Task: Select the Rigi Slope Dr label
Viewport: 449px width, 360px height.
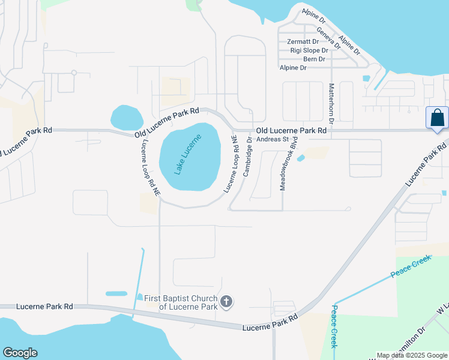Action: tap(310, 50)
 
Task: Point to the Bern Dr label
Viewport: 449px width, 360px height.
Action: tap(315, 59)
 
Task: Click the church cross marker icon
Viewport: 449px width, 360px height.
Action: tap(226, 301)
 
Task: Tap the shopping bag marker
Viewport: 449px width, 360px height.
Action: tap(436, 118)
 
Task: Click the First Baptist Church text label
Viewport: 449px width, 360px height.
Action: tap(180, 302)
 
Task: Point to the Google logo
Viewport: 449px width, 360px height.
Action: tap(20, 353)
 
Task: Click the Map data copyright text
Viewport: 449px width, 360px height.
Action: tap(412, 355)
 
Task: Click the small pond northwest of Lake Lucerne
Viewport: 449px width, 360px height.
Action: tap(127, 118)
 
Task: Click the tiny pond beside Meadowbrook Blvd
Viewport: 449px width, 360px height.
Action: tap(301, 158)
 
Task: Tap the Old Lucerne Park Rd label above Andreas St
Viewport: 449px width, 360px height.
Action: tap(291, 130)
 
